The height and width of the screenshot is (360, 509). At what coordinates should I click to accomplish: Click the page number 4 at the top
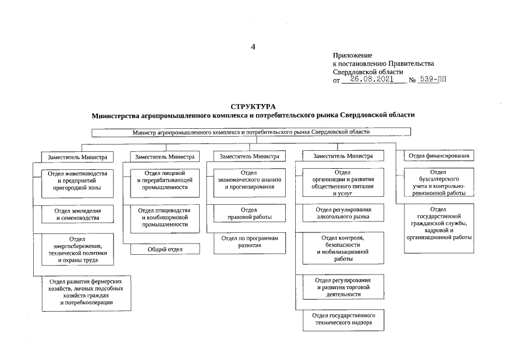coord(253,47)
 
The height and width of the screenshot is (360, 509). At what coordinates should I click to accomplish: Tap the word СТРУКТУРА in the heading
coord(253,106)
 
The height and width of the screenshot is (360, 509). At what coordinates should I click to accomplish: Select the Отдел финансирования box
coord(439,156)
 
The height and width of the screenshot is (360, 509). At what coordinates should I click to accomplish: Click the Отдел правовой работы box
coord(249,213)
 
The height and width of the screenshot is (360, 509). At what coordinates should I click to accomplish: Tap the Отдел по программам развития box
coord(249,242)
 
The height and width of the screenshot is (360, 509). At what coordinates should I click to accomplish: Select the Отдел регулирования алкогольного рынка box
coord(343,212)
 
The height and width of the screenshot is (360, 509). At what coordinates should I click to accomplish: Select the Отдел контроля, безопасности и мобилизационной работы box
coord(343,249)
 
